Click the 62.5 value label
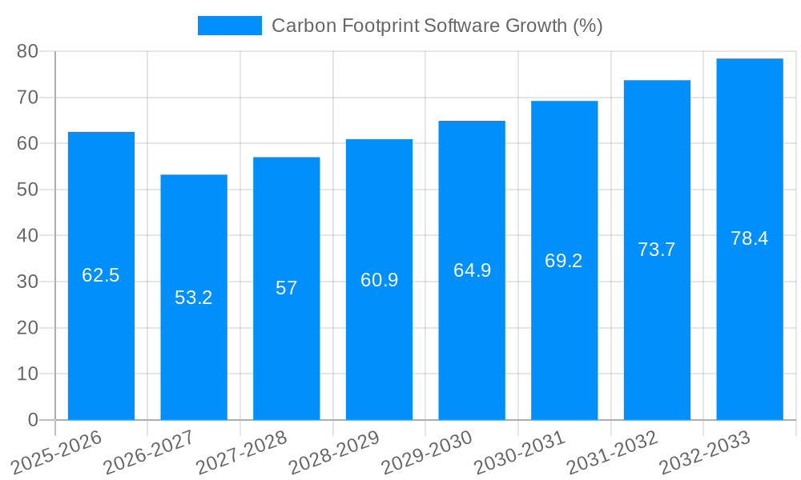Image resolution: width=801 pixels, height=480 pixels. pos(101,275)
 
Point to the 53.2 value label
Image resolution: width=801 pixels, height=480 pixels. pos(194,298)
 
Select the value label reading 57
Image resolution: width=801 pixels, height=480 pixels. pos(287,288)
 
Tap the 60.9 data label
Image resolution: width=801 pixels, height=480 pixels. pos(379,280)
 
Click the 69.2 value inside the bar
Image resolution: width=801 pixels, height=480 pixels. pos(564,261)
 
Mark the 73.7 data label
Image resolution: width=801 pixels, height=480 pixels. pos(657,250)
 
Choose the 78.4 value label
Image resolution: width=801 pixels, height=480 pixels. pos(750,238)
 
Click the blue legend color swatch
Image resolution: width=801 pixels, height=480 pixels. pos(230,26)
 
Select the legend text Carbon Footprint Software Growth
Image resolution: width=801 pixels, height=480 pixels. pos(437,26)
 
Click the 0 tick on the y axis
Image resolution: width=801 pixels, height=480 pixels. pos(33,420)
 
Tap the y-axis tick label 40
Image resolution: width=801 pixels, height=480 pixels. pos(28,236)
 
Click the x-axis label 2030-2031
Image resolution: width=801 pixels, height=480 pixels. pos(520,453)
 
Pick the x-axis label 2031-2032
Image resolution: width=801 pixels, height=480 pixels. pos(613,453)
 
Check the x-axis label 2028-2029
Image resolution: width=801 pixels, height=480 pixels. pos(334,453)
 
